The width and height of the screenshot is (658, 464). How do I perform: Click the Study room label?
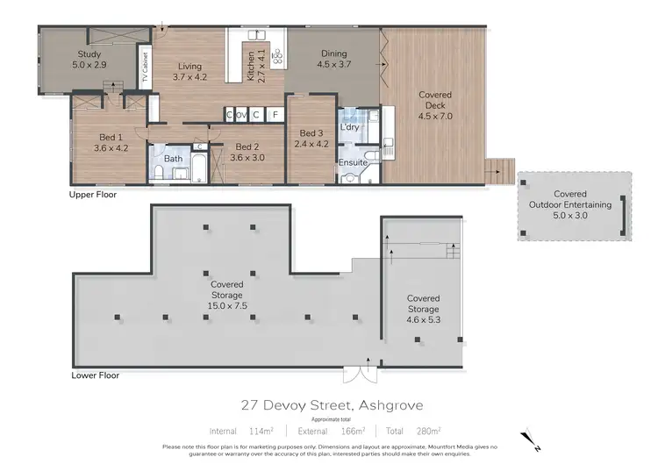click(88, 60)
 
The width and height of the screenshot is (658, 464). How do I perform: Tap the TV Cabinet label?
click(145, 68)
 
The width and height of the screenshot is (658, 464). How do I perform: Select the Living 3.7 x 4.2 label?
click(190, 72)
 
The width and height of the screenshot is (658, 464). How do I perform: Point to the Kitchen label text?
click(251, 66)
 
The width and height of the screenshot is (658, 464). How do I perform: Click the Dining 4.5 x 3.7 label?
click(333, 58)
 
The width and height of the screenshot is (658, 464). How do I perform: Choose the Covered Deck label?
click(435, 105)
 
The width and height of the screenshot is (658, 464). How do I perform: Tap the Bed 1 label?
click(110, 142)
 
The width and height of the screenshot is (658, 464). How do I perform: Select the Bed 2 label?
click(246, 152)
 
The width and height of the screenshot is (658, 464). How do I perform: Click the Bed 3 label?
click(311, 138)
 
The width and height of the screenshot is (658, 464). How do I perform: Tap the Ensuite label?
click(353, 162)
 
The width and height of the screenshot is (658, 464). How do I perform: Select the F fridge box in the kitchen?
click(275, 115)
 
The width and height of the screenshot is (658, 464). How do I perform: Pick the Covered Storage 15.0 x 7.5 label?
click(226, 295)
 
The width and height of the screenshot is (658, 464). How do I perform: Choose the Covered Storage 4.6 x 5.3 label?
click(423, 310)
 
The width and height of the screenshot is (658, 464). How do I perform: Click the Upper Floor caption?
click(93, 195)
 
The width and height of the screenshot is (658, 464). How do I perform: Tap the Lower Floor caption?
click(94, 375)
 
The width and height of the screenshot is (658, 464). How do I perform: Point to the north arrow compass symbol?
click(526, 435)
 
